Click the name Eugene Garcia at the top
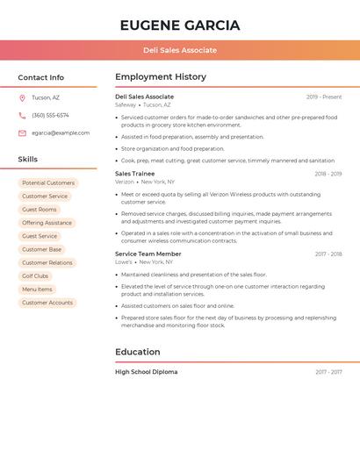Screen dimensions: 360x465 coord(180,25)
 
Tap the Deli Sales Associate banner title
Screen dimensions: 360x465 coord(180,50)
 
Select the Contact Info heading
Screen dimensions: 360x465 coord(40,77)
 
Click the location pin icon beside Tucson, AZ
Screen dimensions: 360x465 coord(22,98)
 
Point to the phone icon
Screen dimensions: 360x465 coord(22,116)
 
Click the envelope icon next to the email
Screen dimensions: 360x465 coord(22,133)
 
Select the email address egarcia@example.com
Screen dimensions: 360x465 coord(61,133)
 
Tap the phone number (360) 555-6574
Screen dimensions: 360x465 coord(50,116)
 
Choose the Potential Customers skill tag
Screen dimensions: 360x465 coord(48,183)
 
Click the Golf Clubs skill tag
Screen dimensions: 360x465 coord(35,276)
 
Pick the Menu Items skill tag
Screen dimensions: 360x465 coord(37,290)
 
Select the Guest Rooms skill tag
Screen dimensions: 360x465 coord(40,210)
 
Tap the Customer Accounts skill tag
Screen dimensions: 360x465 coord(47,303)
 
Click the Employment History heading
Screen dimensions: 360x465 coord(161,77)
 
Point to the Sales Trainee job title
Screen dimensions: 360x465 coord(134,174)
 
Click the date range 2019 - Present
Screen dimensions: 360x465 coord(324,97)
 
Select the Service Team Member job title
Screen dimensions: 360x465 coord(148,254)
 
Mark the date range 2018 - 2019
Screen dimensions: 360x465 coord(328,174)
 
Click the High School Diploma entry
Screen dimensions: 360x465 coord(146,372)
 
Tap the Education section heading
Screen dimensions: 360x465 coord(138,352)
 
